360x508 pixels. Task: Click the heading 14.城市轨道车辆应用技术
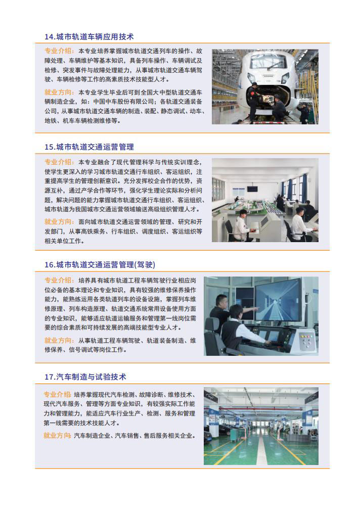89,37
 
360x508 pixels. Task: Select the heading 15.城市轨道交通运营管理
89,147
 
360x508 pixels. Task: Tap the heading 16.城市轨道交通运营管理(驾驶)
100,265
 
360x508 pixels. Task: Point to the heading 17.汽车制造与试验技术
85,377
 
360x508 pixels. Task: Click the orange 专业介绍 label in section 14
58,51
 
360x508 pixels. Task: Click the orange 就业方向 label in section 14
58,93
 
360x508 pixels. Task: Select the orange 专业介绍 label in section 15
58,162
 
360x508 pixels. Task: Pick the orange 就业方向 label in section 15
58,222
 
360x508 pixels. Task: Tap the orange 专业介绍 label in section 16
58,280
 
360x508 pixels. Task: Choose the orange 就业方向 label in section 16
58,341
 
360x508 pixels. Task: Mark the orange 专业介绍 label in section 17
57,395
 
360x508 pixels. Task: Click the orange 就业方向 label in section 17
57,436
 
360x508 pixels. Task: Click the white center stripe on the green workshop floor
263,449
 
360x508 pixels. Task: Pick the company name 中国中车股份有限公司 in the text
123,102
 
